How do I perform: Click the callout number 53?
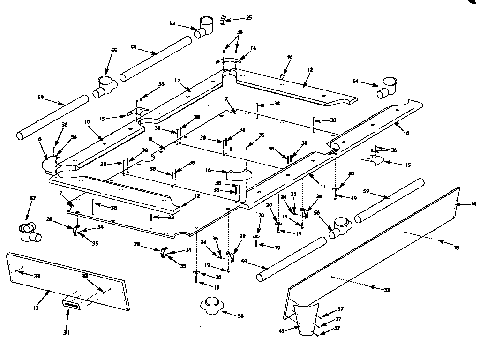pos(172,23)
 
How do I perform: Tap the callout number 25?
pos(248,18)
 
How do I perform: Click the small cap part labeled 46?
pos(283,75)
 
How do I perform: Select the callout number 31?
pos(67,333)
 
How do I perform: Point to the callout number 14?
pos(473,204)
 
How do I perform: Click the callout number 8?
pos(150,139)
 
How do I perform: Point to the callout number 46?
pos(290,57)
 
